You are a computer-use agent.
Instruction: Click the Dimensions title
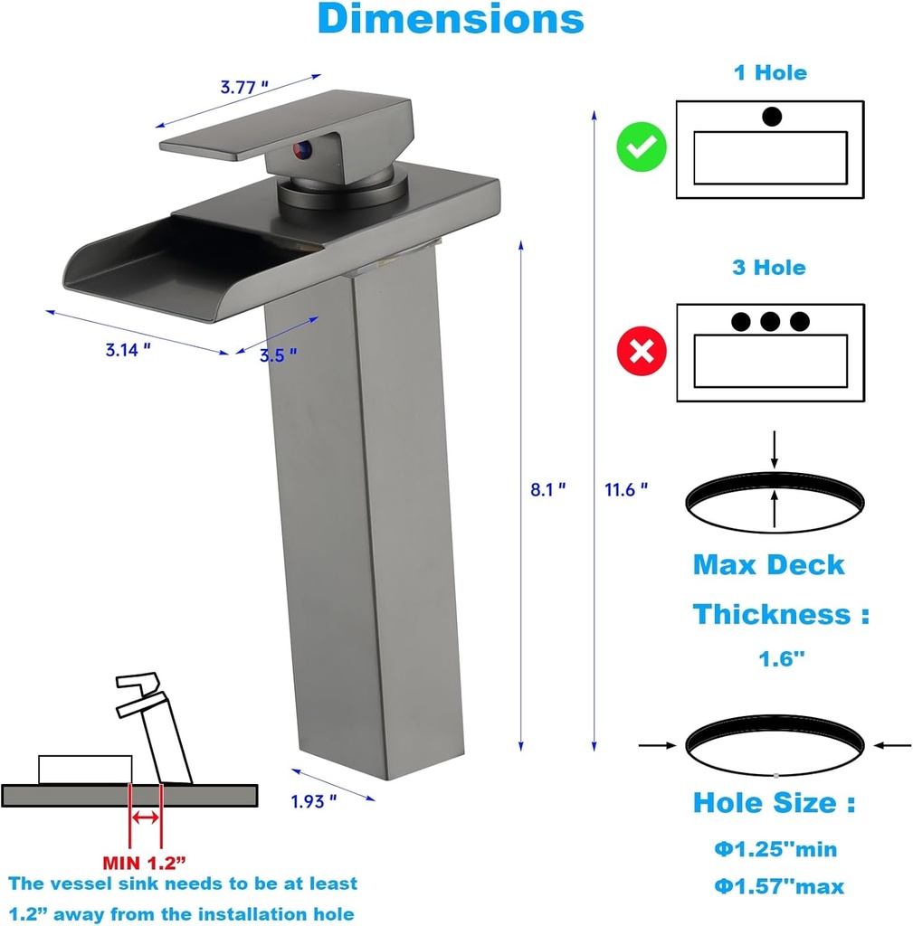pyautogui.click(x=451, y=20)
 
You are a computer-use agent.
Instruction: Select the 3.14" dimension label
pyautogui.click(x=128, y=351)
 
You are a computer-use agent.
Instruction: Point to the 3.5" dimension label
pyautogui.click(x=279, y=355)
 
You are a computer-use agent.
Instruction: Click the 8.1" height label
pyautogui.click(x=548, y=489)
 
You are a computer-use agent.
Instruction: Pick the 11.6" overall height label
pyautogui.click(x=626, y=489)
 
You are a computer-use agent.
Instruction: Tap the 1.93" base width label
pyautogui.click(x=314, y=799)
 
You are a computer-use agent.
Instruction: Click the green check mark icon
pyautogui.click(x=642, y=148)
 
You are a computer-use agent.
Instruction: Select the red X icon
pyautogui.click(x=642, y=351)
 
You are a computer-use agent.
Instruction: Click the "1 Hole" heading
pyautogui.click(x=769, y=72)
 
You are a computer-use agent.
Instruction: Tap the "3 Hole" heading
pyautogui.click(x=768, y=268)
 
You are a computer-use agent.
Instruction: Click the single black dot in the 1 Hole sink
pyautogui.click(x=772, y=117)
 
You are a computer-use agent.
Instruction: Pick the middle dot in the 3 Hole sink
pyautogui.click(x=770, y=321)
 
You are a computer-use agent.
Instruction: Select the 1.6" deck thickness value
pyautogui.click(x=781, y=659)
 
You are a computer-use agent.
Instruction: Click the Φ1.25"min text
pyautogui.click(x=775, y=849)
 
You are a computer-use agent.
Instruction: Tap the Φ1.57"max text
pyautogui.click(x=779, y=887)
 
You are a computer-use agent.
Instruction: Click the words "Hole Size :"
pyautogui.click(x=775, y=802)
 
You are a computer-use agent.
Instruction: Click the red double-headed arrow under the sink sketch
pyautogui.click(x=146, y=817)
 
